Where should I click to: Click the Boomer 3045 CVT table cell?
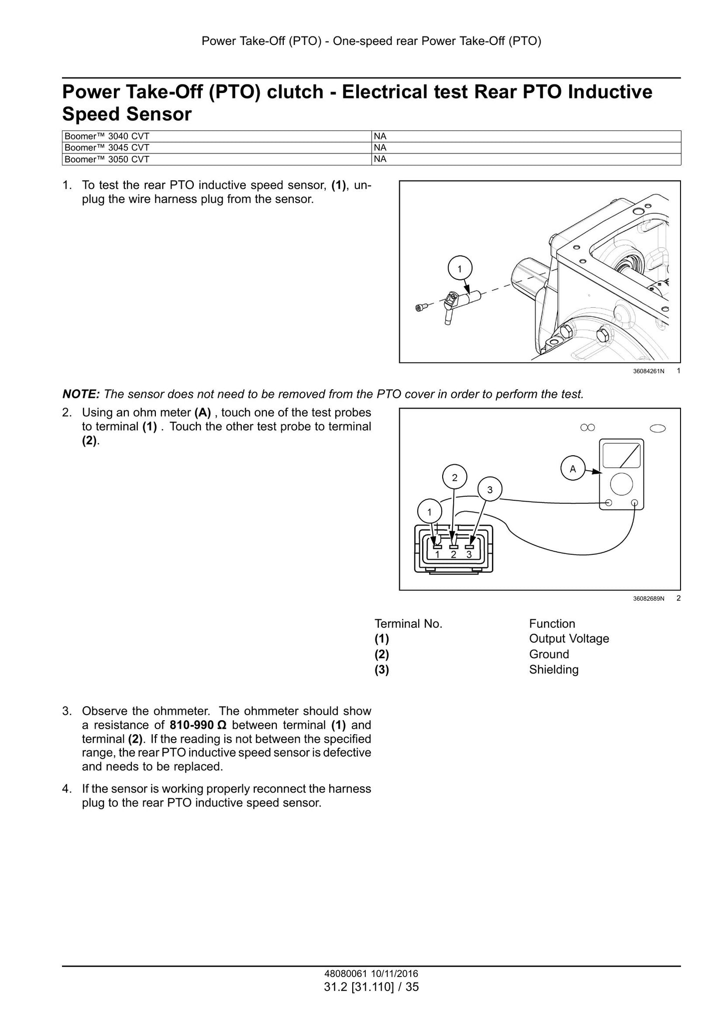[x=217, y=147]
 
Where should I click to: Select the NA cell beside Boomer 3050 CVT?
[x=527, y=159]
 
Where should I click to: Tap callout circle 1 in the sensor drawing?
[x=460, y=269]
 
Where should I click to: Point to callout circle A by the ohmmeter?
[x=573, y=469]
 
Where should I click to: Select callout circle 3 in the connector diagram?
[x=490, y=490]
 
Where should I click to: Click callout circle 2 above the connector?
[x=455, y=477]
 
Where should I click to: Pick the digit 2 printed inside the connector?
[x=454, y=554]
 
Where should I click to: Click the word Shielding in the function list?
[x=554, y=670]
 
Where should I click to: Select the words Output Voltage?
[x=569, y=639]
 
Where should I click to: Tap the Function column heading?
[x=552, y=624]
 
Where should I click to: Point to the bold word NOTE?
[x=81, y=394]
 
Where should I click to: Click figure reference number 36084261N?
[x=649, y=371]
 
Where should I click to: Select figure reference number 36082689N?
[x=649, y=598]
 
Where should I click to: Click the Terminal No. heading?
[x=409, y=624]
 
